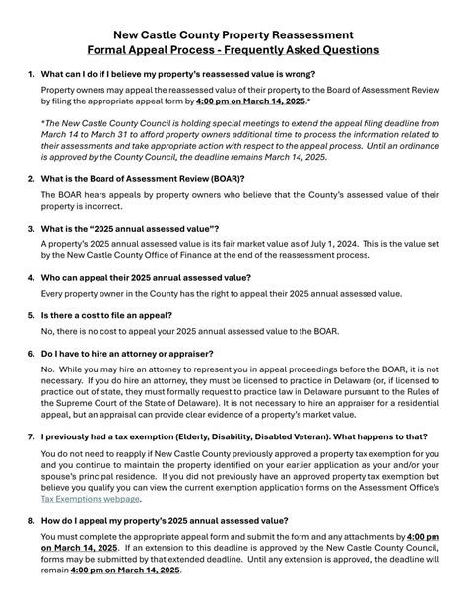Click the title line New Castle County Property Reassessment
tap(233, 34)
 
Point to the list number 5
tap(31, 315)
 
